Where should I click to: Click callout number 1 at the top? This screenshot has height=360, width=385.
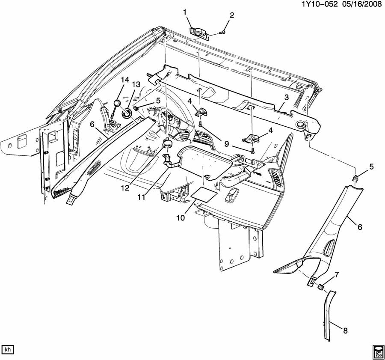click(x=185, y=12)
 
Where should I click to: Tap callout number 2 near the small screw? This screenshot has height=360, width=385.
click(x=232, y=15)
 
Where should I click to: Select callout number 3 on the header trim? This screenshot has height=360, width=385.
click(x=286, y=98)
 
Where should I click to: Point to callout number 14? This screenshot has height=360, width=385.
click(x=124, y=80)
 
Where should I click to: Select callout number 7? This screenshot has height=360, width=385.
click(x=337, y=274)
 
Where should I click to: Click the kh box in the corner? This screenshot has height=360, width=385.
click(x=7, y=349)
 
